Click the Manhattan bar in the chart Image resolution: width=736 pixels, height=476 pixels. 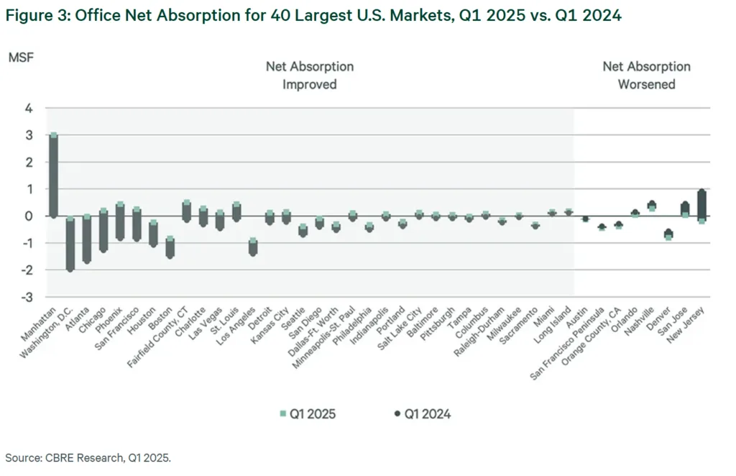pyautogui.click(x=53, y=175)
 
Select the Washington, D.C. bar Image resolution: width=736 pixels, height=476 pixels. pyautogui.click(x=70, y=244)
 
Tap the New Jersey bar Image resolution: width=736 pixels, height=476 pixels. pyautogui.click(x=701, y=206)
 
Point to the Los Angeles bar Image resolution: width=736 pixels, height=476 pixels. pyautogui.click(x=253, y=247)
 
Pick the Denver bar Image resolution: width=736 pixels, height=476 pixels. pyautogui.click(x=668, y=234)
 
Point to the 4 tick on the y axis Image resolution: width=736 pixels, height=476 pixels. pyautogui.click(x=30, y=109)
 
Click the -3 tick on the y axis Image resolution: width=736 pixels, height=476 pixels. pyautogui.click(x=28, y=297)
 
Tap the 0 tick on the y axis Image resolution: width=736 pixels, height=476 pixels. pyautogui.click(x=30, y=216)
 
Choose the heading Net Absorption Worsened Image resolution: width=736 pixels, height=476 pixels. pyautogui.click(x=646, y=75)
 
